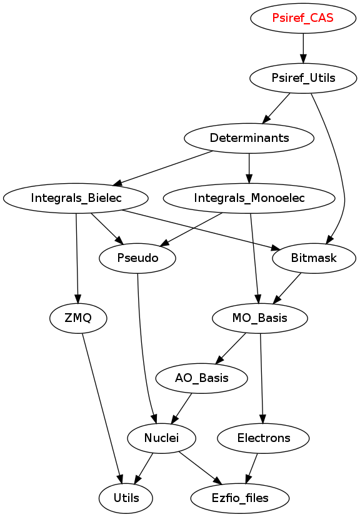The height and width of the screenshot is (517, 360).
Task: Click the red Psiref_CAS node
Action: coord(303,18)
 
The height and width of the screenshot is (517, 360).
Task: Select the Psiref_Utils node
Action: coord(303,78)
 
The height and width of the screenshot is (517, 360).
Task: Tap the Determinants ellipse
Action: coord(249,138)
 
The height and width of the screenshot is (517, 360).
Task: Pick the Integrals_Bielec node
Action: coord(76,198)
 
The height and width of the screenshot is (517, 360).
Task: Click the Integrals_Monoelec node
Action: coord(249,198)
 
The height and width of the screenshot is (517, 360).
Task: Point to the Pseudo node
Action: coord(137,258)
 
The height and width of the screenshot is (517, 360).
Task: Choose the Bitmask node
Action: coord(314,258)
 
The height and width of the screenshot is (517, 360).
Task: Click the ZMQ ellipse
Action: coord(78,318)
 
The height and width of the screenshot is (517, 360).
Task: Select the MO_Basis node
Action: coord(260,318)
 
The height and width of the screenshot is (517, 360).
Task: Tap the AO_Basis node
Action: coord(201,378)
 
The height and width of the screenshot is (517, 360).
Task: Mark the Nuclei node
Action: coord(161,438)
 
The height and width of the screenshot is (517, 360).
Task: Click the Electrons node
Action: coord(263,438)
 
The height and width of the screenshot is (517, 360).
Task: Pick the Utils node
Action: coord(126,498)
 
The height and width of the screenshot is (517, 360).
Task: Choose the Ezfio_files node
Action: coord(239,498)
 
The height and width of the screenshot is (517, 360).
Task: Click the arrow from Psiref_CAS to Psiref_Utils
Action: coord(303,48)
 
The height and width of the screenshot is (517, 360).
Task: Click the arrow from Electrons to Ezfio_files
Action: coord(251,468)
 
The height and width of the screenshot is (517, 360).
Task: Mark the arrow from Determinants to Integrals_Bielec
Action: coord(163,168)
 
